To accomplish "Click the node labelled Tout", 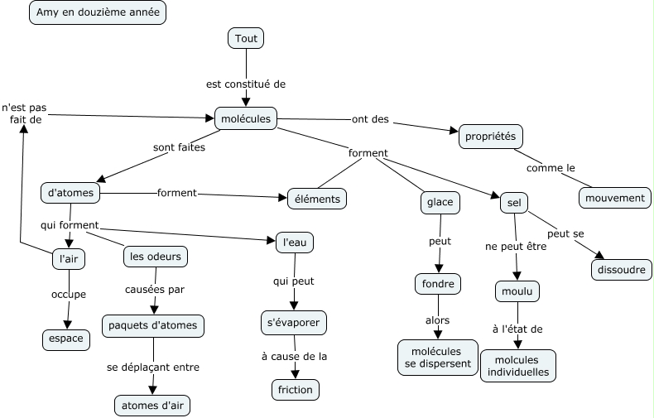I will coord(246,38).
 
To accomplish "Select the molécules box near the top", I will coord(246,119).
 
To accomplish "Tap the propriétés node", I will coord(491,136).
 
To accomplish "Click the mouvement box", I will coord(614,198).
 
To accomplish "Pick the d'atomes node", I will coord(70,193).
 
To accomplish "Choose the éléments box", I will coord(317,199).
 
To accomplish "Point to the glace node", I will coord(440,203).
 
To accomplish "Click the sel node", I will coord(513,203).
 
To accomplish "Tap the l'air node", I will coord(69,258).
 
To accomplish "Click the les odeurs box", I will coord(155,257).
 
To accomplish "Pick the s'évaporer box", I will coord(293,322).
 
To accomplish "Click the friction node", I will coord(295,389).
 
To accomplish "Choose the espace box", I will coord(66,339).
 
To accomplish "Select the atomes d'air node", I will coord(156,405).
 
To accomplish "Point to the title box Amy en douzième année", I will coord(96,12).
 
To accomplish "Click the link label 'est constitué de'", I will coord(246,84).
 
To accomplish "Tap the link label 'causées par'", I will coord(155,290).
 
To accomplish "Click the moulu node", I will coord(517,291).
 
